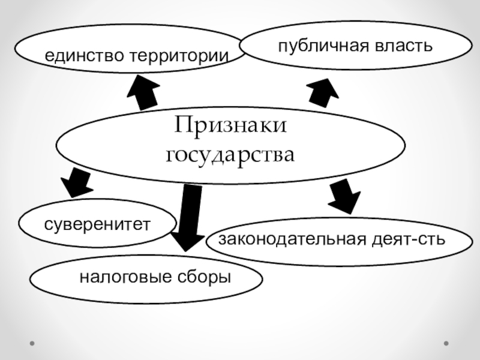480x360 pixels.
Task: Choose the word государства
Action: click(x=231, y=155)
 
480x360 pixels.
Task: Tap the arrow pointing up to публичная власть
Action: click(x=323, y=92)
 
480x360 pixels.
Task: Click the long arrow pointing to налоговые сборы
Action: click(x=190, y=216)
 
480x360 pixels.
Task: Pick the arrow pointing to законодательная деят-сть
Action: click(x=344, y=196)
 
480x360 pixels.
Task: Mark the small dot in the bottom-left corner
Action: click(x=32, y=344)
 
